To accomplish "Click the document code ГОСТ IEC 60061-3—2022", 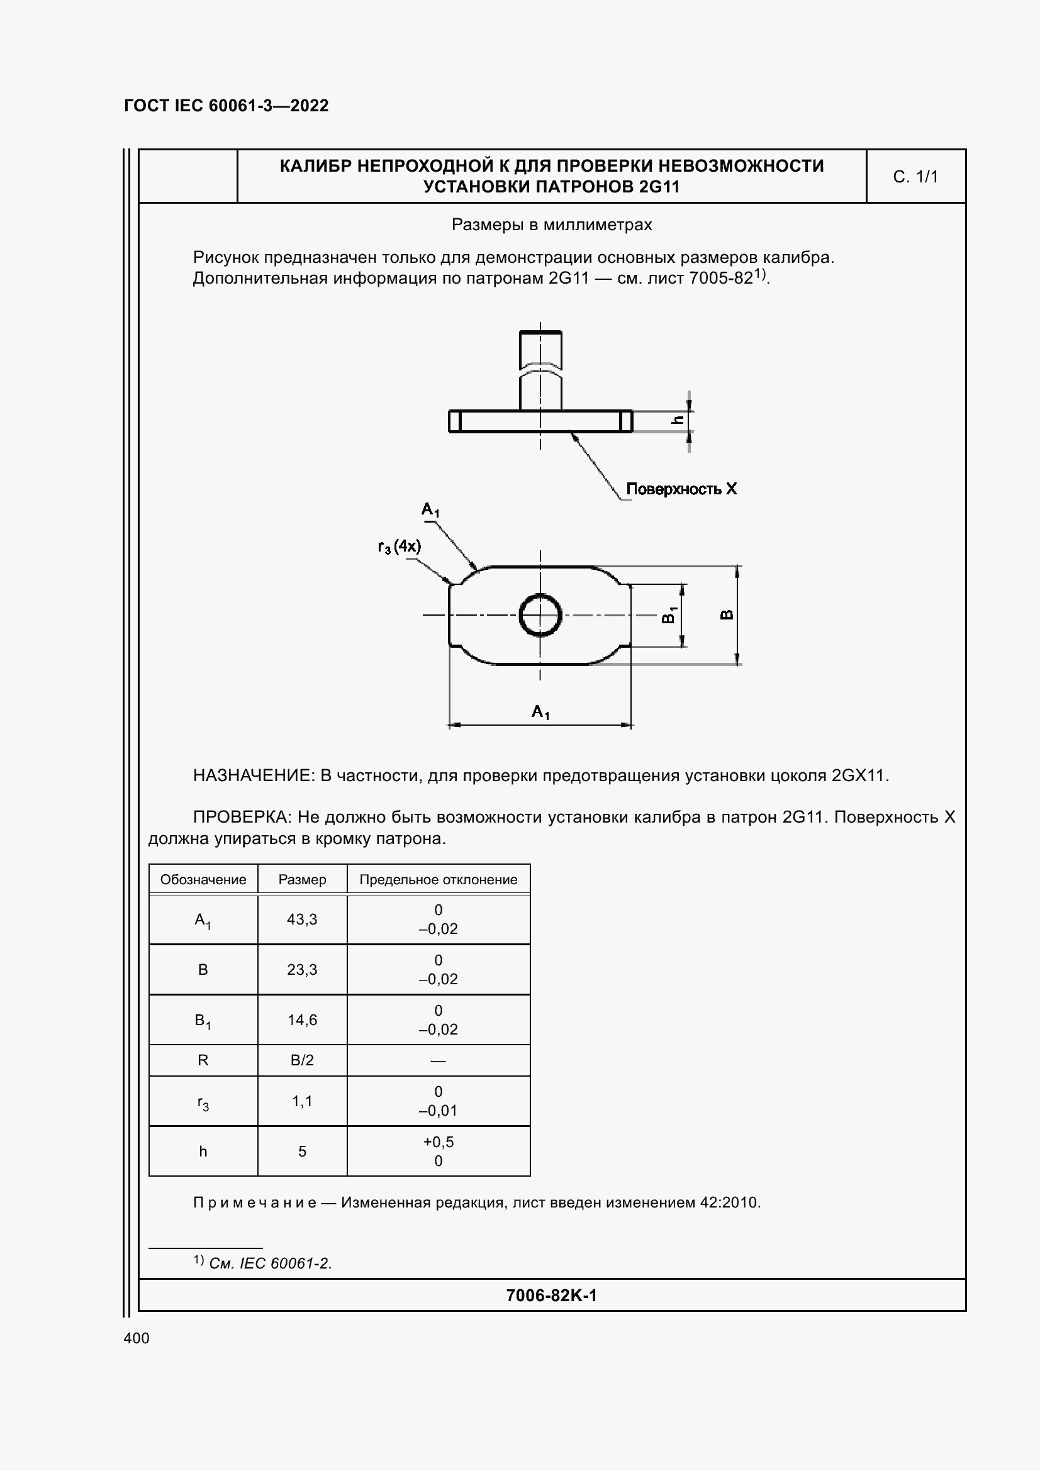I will (226, 106).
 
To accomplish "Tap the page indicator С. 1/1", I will (915, 177).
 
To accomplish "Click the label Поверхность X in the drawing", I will (681, 489).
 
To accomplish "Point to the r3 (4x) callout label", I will (400, 547).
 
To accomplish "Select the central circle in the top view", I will (540, 615).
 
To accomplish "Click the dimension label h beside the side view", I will (678, 420).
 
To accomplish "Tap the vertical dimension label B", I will (727, 614).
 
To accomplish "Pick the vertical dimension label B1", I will (668, 614).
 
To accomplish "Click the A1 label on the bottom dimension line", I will (540, 711).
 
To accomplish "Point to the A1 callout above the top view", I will (430, 509).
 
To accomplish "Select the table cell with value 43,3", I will (302, 919).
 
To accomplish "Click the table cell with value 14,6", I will (302, 1020).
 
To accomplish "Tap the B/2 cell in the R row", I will (302, 1060).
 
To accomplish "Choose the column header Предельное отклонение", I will (439, 880).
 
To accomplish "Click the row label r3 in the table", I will (203, 1102).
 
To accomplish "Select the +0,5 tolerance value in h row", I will (439, 1141).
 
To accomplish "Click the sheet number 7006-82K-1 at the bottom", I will (551, 1296).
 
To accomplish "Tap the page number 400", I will (137, 1338).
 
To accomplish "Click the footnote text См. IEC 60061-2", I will (270, 1263).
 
